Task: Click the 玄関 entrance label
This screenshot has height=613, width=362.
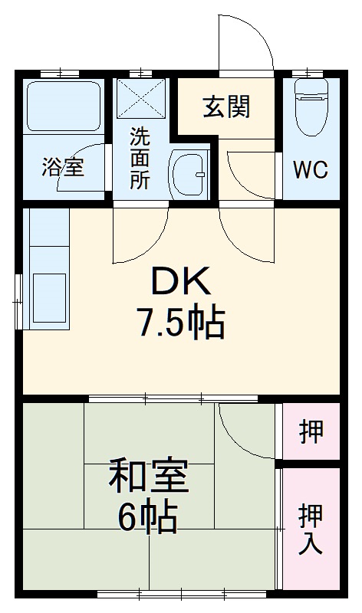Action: (x=226, y=107)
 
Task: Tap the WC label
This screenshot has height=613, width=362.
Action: (x=311, y=170)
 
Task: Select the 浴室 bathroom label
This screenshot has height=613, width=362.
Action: (x=63, y=167)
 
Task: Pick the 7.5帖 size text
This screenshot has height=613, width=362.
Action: (x=181, y=324)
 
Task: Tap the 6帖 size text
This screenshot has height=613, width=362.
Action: (x=148, y=520)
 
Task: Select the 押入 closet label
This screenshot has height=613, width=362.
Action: (x=311, y=529)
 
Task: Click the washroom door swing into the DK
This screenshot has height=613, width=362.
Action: (x=143, y=234)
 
